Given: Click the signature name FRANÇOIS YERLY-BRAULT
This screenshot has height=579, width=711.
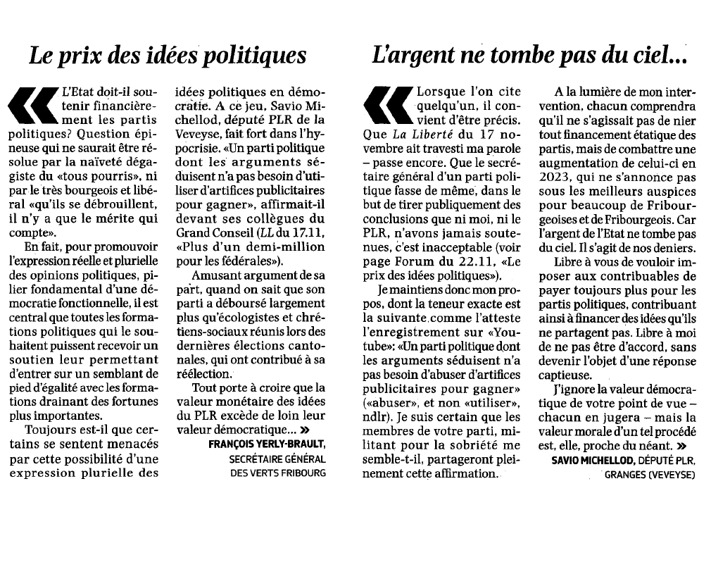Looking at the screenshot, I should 268,444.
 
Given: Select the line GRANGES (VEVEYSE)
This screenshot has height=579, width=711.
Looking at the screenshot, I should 649,475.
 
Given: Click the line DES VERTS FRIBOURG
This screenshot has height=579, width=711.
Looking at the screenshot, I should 278,473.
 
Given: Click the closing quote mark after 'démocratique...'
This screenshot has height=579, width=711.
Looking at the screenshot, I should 305,430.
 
